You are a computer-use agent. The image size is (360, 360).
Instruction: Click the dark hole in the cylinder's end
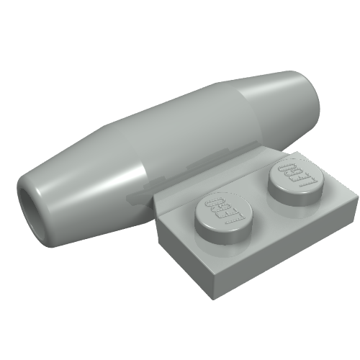pos(30,200)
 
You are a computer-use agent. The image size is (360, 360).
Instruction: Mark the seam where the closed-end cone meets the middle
pos(241,108)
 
